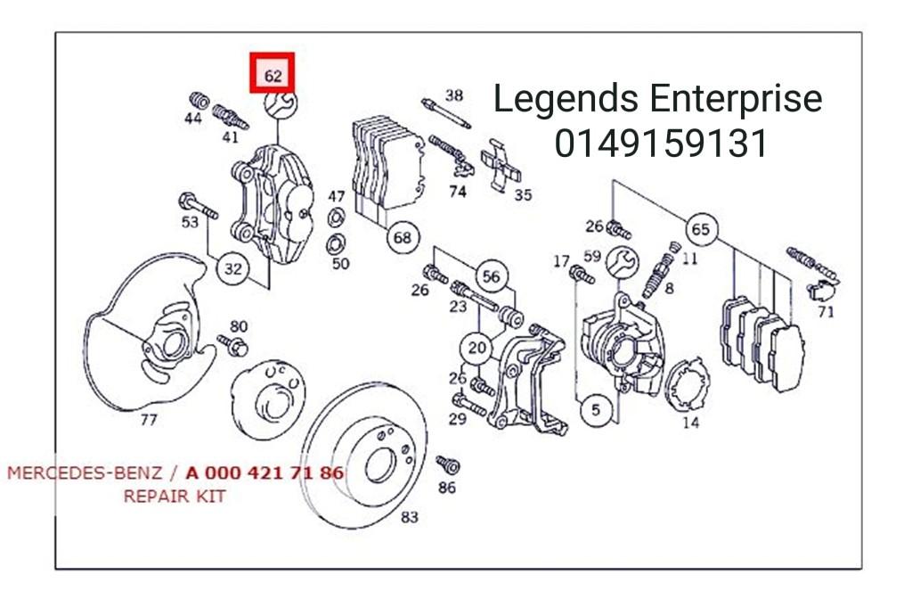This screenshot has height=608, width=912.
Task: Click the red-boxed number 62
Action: (273, 75)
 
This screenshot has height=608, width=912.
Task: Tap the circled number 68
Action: (403, 237)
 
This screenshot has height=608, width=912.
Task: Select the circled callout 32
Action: (233, 267)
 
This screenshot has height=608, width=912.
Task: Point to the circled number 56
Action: (491, 276)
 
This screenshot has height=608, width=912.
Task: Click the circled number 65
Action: (701, 229)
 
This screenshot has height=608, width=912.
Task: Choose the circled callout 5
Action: (594, 410)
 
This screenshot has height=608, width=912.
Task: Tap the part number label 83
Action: (409, 517)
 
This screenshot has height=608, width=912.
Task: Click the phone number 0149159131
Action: (661, 143)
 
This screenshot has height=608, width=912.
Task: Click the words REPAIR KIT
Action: (174, 497)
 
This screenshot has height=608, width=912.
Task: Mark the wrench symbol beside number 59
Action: (623, 262)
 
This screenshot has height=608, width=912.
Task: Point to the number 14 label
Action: (690, 423)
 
